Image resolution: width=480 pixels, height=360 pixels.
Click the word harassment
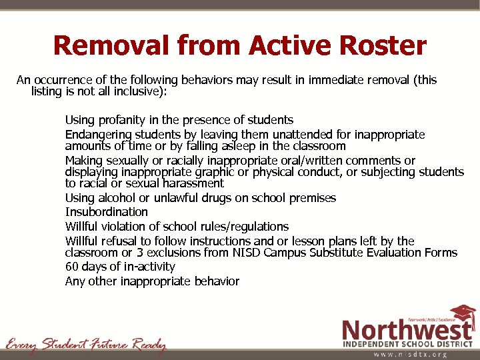tap(193, 183)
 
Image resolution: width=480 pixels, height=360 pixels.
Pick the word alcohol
tap(118, 198)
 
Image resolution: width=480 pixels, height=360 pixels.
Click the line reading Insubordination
tap(107, 212)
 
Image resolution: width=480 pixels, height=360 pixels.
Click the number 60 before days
tap(72, 267)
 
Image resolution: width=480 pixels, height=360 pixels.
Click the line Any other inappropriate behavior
tap(152, 281)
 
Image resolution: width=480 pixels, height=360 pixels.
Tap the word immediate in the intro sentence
tap(339, 80)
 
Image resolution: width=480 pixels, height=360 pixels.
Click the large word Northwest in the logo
tap(407, 329)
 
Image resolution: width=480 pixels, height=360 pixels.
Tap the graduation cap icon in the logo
tap(461, 313)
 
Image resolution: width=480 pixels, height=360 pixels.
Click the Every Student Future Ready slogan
tap(85, 345)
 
